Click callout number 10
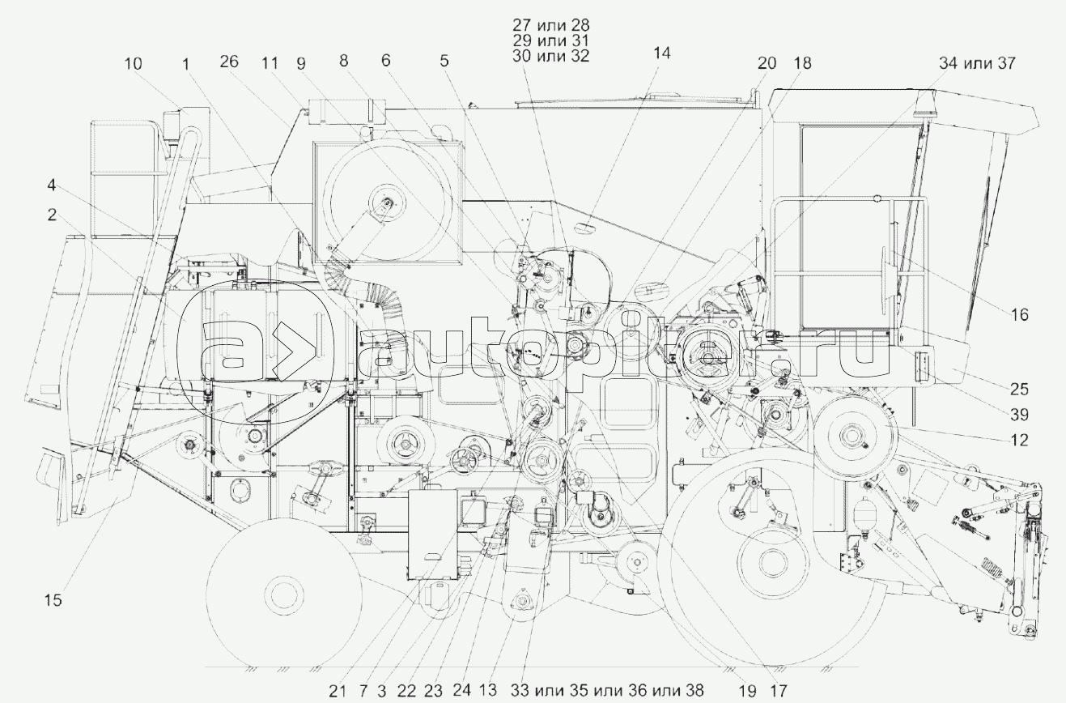click(134, 64)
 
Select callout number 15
click(53, 600)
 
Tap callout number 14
click(661, 53)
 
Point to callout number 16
click(1019, 314)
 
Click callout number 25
click(1019, 389)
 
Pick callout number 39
click(1019, 415)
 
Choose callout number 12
click(1019, 440)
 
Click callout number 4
click(51, 185)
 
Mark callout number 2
click(52, 215)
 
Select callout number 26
click(229, 62)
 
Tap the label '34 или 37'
click(977, 63)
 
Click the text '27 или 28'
click(551, 25)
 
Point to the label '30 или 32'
click(551, 56)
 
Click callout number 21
click(338, 691)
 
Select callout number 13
click(487, 690)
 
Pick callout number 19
click(748, 691)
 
